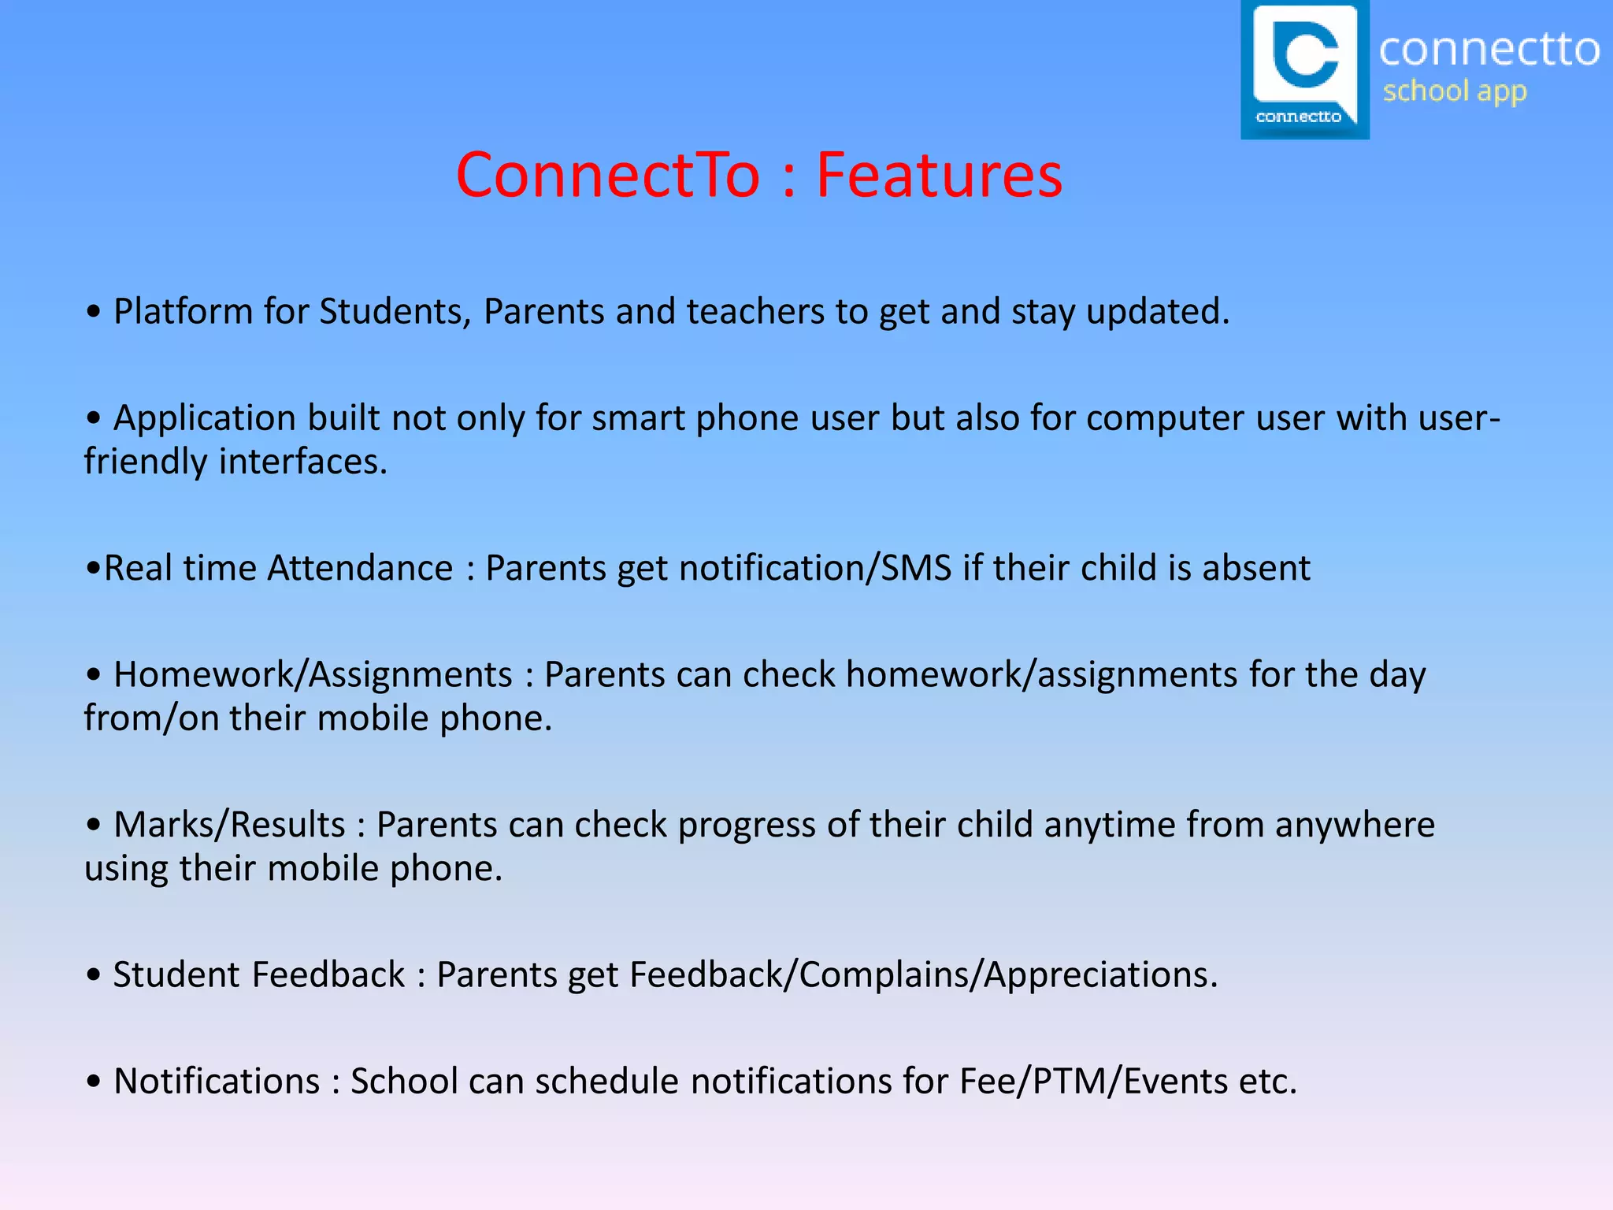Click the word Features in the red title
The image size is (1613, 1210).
coord(939,175)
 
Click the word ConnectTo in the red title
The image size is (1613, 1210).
coord(607,175)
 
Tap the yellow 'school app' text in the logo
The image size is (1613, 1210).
coord(1455,91)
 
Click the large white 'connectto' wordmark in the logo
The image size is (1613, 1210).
coord(1489,49)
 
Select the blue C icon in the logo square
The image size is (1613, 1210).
coord(1306,54)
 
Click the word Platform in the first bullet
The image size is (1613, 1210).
coord(183,312)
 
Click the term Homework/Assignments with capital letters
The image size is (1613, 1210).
coord(313,675)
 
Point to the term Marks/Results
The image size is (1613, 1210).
coord(229,825)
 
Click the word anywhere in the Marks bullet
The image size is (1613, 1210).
coord(1355,825)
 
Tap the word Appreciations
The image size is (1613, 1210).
coord(1100,975)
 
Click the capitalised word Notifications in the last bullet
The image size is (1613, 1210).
coord(217,1082)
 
